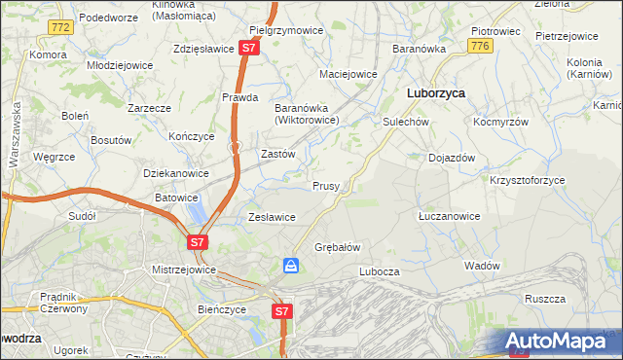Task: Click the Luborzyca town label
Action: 434,92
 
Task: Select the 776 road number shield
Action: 478,46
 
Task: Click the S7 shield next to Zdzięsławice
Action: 249,47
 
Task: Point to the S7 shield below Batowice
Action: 198,241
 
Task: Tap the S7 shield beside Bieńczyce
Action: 280,311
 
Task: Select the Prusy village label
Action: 325,186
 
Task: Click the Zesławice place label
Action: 272,217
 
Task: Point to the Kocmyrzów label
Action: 500,124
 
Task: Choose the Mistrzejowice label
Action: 183,270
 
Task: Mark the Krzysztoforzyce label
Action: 529,181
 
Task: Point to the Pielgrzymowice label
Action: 286,30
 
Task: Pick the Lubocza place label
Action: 380,271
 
